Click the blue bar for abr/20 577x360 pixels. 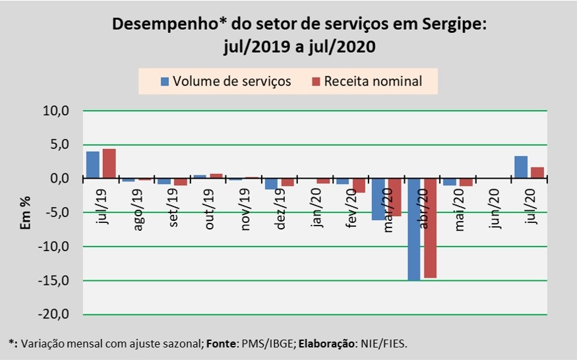pos(413,229)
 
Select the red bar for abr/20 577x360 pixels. pos(429,228)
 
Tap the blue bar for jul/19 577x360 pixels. pos(93,165)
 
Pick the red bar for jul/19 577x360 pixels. pos(109,164)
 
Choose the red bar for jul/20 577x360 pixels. pos(537,173)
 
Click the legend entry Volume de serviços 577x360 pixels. pos(225,82)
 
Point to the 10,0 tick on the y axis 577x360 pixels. pos(55,111)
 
